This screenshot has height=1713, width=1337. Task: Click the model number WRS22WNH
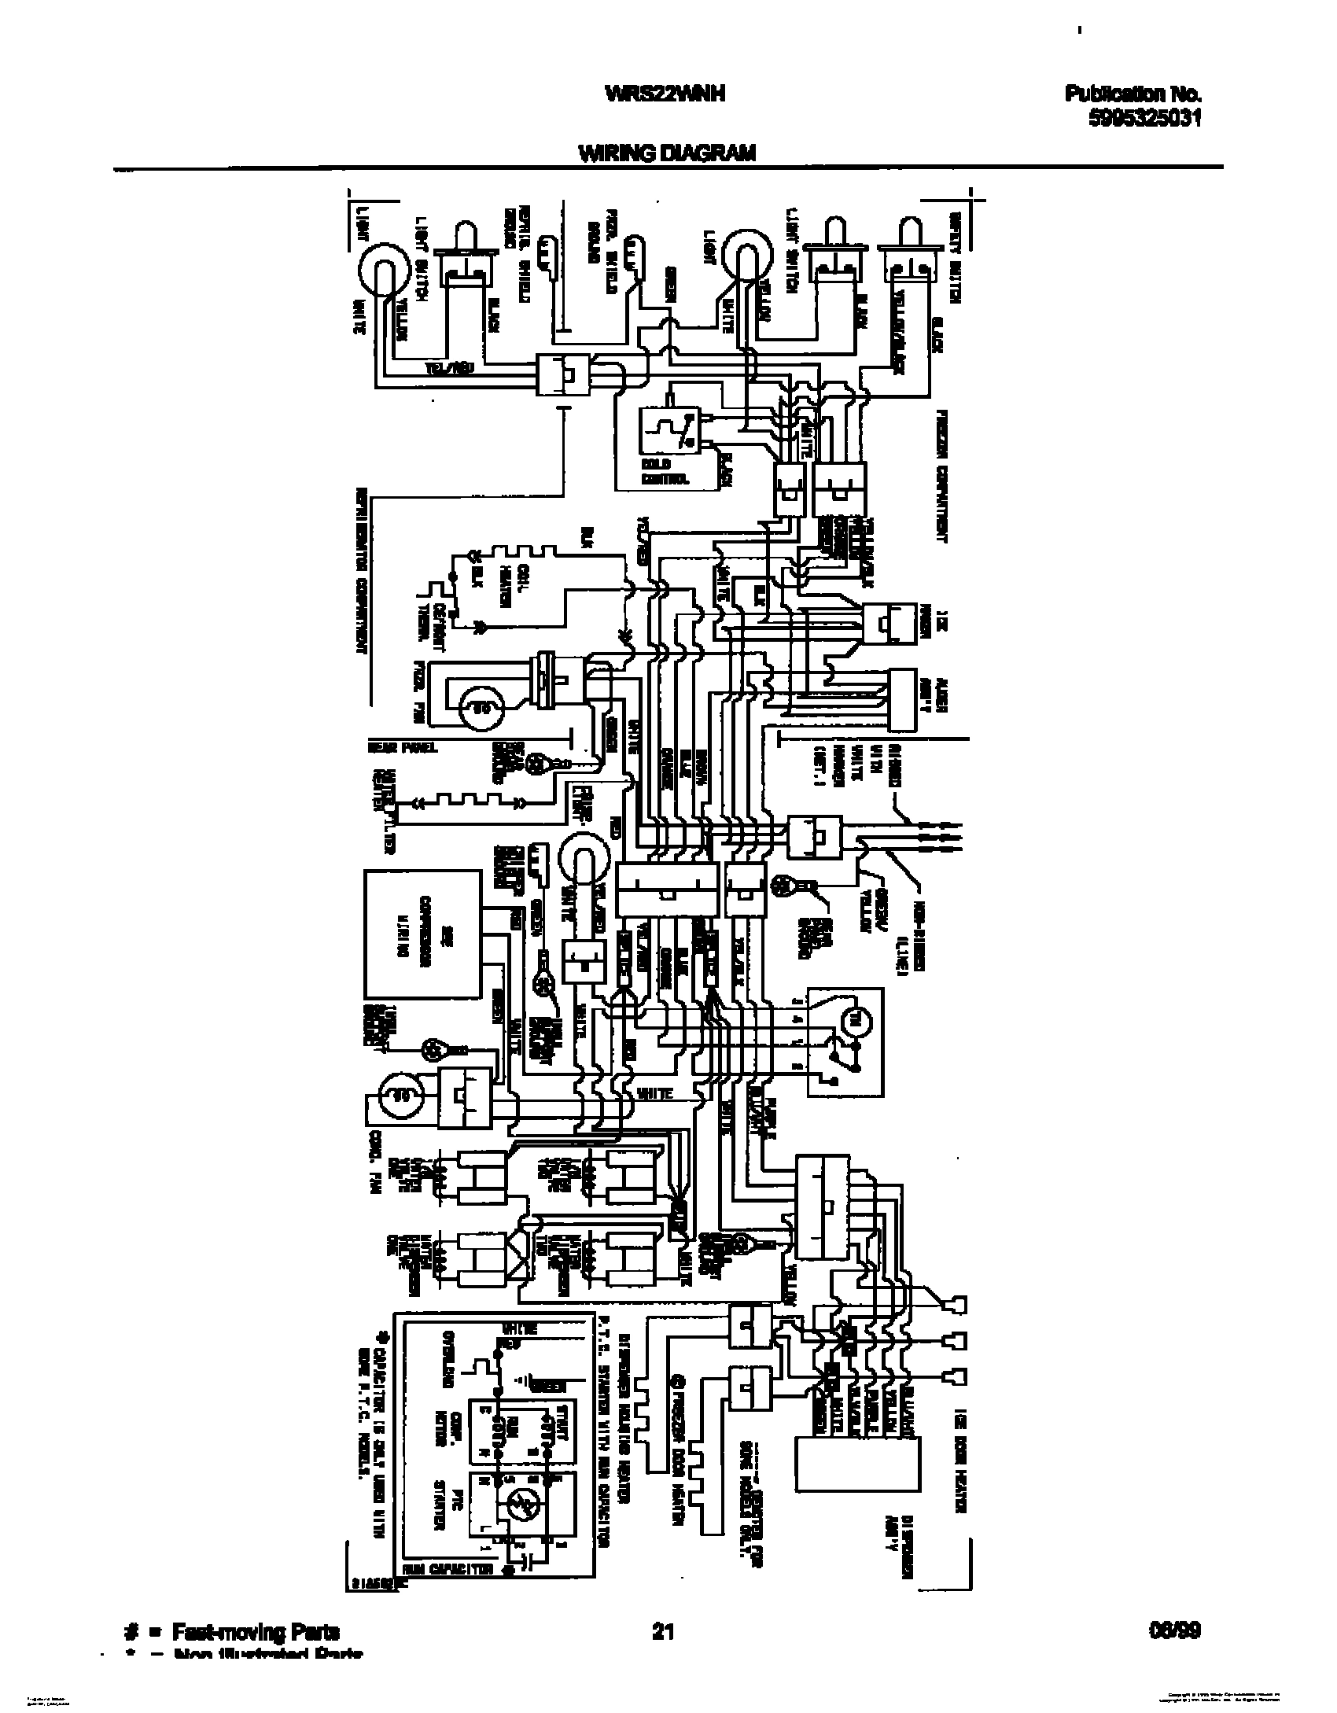(x=665, y=94)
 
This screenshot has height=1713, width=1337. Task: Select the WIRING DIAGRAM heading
(x=667, y=154)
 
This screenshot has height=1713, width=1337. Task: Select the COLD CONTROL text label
(x=665, y=473)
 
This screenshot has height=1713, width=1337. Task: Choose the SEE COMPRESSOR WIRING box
(x=422, y=932)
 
